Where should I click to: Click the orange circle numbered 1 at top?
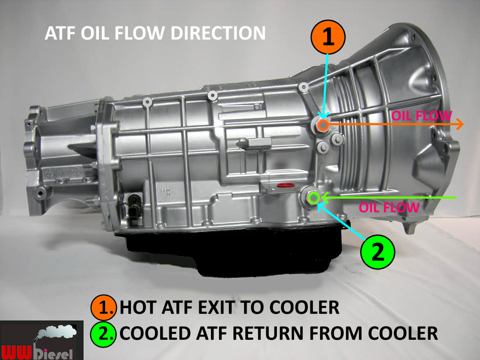[328, 37]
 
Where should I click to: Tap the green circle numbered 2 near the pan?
[378, 252]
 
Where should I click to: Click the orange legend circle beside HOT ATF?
[103, 307]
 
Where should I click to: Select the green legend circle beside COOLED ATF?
[103, 333]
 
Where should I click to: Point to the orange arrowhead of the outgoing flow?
[459, 125]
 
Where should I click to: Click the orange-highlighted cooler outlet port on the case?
[323, 126]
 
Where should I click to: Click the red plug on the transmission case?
[283, 185]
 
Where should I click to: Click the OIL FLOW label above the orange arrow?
[421, 115]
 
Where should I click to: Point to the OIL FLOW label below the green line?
[389, 207]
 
